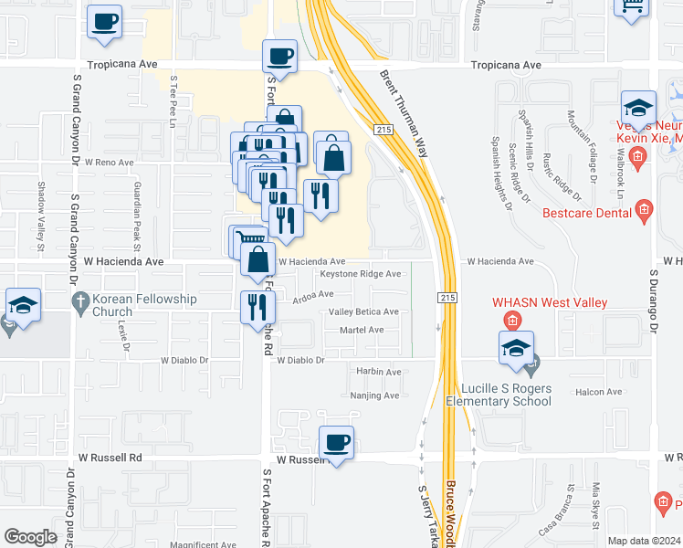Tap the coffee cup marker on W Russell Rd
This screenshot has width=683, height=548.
(337, 443)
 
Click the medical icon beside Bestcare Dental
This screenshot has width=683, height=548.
(644, 212)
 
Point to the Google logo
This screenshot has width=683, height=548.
(31, 536)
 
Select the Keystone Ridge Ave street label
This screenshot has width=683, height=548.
(360, 274)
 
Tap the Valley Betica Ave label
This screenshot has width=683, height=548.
(363, 311)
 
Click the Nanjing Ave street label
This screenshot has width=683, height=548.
(374, 395)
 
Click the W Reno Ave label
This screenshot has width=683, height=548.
(109, 162)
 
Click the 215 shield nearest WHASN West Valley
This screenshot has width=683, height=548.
(447, 298)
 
